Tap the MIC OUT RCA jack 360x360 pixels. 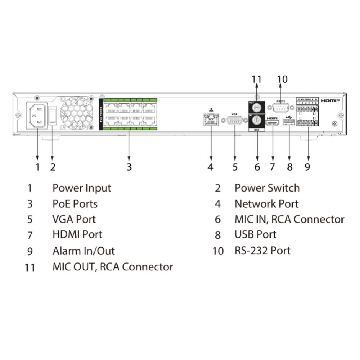click(257, 108)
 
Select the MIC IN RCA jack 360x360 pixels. click(257, 121)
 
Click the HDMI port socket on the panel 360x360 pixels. click(273, 124)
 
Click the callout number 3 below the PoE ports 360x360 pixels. click(129, 167)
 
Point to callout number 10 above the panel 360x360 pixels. click(283, 79)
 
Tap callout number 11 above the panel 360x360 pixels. click(257, 79)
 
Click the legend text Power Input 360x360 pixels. click(82, 188)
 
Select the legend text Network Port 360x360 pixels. click(266, 204)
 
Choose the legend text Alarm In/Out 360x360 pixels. click(84, 251)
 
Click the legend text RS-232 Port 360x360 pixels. click(262, 251)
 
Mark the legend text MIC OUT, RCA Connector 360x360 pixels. click(113, 267)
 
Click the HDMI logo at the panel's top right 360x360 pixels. click(330, 101)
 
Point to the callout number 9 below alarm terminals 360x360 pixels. click(307, 167)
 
